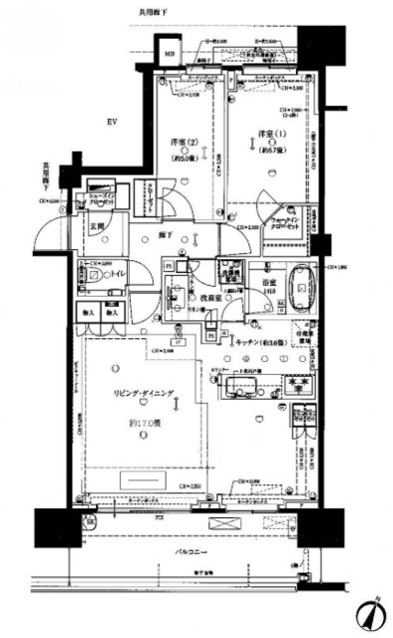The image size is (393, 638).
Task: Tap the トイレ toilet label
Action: [x=118, y=272]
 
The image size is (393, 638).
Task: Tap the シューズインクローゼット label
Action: [x=103, y=196]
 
